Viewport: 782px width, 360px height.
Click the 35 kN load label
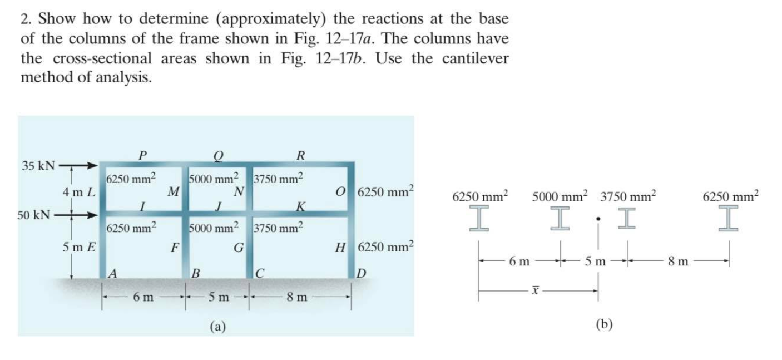coord(38,165)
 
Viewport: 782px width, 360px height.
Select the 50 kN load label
coord(19,214)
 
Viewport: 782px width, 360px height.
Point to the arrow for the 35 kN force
coord(78,165)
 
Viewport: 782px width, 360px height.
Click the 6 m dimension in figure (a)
coord(143,298)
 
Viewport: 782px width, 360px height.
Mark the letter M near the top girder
coord(174,193)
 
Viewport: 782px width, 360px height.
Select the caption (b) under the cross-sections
coord(604,324)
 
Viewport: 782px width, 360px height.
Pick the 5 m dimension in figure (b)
coord(596,261)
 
